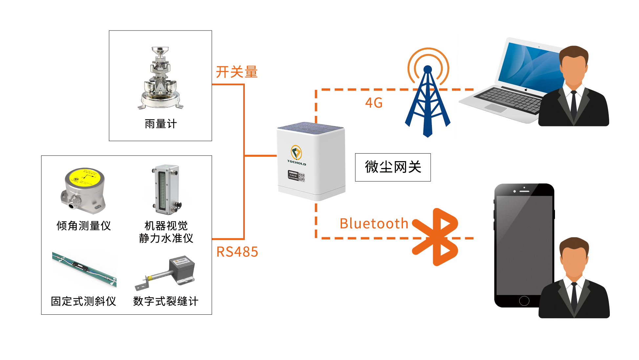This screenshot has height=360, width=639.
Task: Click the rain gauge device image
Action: [x=160, y=79]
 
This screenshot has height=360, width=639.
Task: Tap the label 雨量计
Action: [x=160, y=124]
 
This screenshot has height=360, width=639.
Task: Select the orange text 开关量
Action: [x=237, y=72]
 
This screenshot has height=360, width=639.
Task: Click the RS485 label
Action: [x=237, y=252]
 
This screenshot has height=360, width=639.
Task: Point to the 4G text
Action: [x=374, y=103]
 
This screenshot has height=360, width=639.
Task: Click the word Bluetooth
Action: [x=374, y=224]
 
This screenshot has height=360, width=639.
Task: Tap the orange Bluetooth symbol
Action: [x=436, y=237]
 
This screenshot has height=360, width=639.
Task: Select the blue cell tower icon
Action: [x=428, y=98]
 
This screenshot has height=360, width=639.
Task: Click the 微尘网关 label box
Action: [x=393, y=167]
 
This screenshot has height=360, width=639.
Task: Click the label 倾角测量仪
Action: [x=84, y=226]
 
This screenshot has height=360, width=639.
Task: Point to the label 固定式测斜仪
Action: [x=84, y=301]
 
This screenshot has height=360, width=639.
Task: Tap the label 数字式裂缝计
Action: [x=166, y=301]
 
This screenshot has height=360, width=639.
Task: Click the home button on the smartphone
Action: [x=524, y=301]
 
